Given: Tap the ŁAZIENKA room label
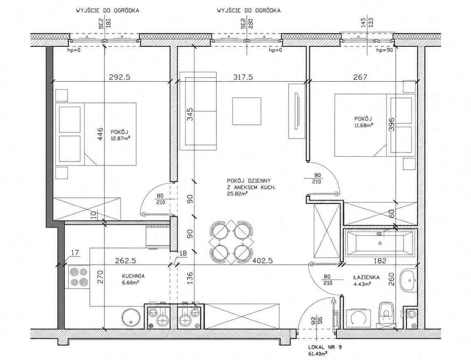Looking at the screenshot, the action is point(367,277).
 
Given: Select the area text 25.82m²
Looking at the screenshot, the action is point(237,194).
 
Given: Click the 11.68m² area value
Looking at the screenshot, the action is point(364,125).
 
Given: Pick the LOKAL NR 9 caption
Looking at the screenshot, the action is point(325,347).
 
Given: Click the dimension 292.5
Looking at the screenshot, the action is point(119,77).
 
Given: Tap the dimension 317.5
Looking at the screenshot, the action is point(243,77).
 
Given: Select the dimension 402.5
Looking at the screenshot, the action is point(262,261).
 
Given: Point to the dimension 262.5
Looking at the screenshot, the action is point(125,261).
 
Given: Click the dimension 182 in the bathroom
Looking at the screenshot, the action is point(380,261).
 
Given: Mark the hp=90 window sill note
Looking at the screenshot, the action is point(385,51).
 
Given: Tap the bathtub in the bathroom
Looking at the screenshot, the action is point(380,243).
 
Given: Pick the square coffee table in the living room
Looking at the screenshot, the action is point(247,111).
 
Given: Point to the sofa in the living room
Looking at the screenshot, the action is point(198,111).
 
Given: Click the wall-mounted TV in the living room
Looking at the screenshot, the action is point(297,111).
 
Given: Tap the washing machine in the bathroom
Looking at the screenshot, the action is point(358,318).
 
